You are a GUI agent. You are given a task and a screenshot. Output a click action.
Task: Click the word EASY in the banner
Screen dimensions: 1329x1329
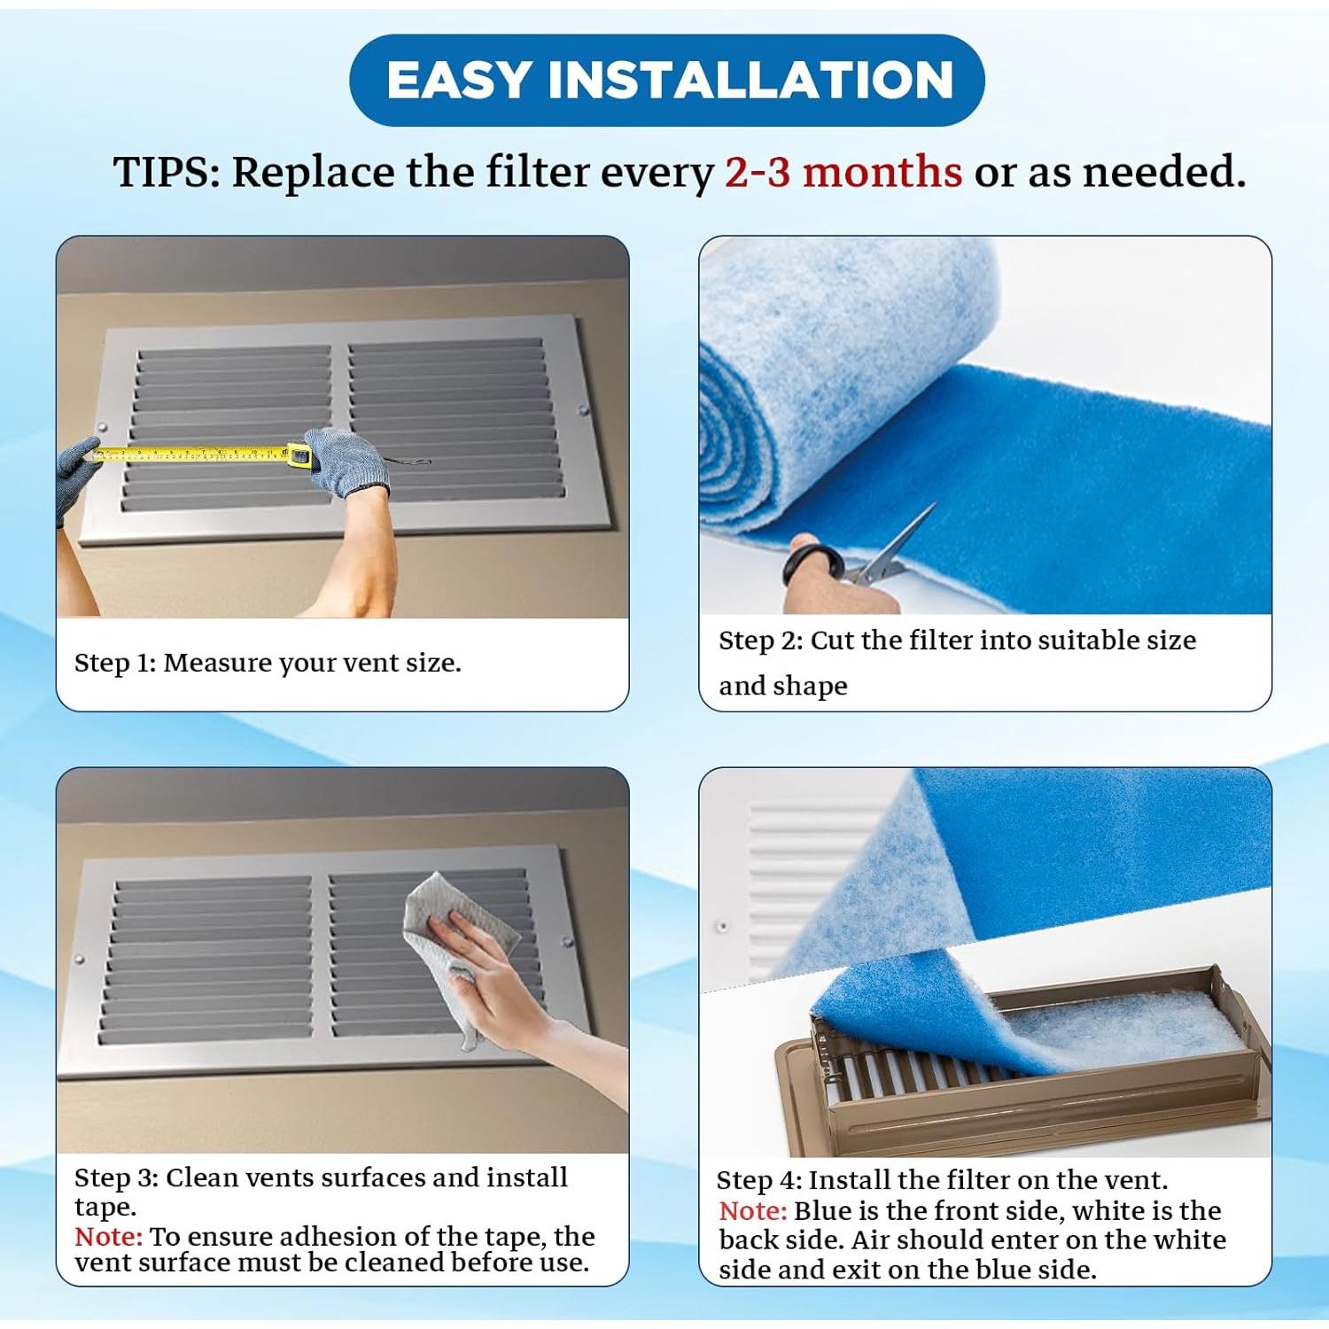click(459, 81)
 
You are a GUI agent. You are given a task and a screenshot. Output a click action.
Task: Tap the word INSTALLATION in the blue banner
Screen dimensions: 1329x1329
click(750, 81)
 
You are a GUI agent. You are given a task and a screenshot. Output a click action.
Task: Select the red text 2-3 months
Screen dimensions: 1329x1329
click(843, 172)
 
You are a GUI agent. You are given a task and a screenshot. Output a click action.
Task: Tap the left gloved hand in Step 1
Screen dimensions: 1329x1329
click(75, 474)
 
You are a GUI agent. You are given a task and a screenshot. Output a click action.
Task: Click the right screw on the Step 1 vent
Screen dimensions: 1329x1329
click(583, 410)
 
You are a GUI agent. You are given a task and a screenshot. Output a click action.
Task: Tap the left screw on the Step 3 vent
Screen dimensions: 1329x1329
click(80, 960)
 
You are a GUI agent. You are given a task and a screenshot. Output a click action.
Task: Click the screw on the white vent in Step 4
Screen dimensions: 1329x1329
click(723, 927)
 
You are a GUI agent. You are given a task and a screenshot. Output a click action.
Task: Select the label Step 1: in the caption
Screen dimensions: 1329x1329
click(115, 663)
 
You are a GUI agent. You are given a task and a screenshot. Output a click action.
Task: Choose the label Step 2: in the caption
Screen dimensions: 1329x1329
click(760, 641)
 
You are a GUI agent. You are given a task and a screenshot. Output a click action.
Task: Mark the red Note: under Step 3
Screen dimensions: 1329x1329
click(108, 1236)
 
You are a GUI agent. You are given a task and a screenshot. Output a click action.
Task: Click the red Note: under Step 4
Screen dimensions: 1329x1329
click(752, 1211)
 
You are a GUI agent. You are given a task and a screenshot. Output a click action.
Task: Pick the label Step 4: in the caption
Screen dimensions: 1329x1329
click(758, 1181)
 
